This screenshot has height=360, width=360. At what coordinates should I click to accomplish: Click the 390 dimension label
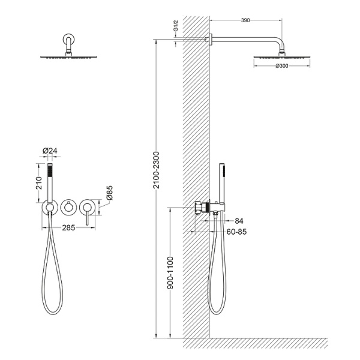coord(245,20)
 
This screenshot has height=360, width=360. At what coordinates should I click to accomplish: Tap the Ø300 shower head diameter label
coord(282,66)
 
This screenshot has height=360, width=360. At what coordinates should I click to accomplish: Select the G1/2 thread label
coord(176,26)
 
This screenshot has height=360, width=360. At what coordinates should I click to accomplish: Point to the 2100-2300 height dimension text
coord(157,170)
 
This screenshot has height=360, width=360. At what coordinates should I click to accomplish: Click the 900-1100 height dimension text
coord(170,273)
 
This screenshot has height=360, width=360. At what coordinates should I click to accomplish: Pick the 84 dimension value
coord(239,221)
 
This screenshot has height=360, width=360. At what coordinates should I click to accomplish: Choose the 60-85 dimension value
coord(236,232)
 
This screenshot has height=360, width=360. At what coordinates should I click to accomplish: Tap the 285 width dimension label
coord(68,228)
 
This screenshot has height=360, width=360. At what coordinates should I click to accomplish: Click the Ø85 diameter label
coord(110,193)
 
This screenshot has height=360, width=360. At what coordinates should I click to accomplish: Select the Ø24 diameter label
coord(50,151)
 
